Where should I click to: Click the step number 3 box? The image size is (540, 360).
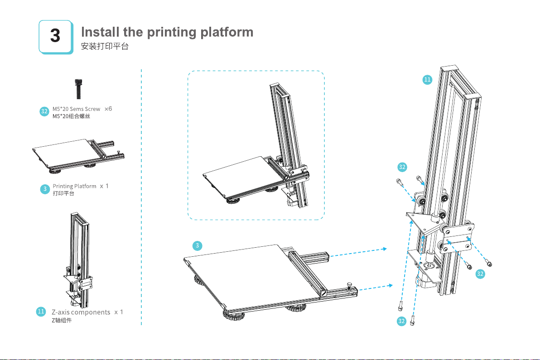coord(55,36)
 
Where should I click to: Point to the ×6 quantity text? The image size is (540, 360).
coord(108,109)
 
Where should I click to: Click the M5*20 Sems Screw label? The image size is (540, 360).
coord(77,109)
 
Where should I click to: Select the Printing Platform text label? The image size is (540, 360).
coord(75,186)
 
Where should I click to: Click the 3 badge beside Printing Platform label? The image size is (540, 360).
coord(44,189)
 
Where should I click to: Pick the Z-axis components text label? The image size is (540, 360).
coord(81,312)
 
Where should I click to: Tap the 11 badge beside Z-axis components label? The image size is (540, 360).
coord(41,312)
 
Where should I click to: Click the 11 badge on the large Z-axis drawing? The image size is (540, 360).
coord(427,80)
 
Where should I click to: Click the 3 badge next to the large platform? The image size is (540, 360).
coord(197,246)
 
